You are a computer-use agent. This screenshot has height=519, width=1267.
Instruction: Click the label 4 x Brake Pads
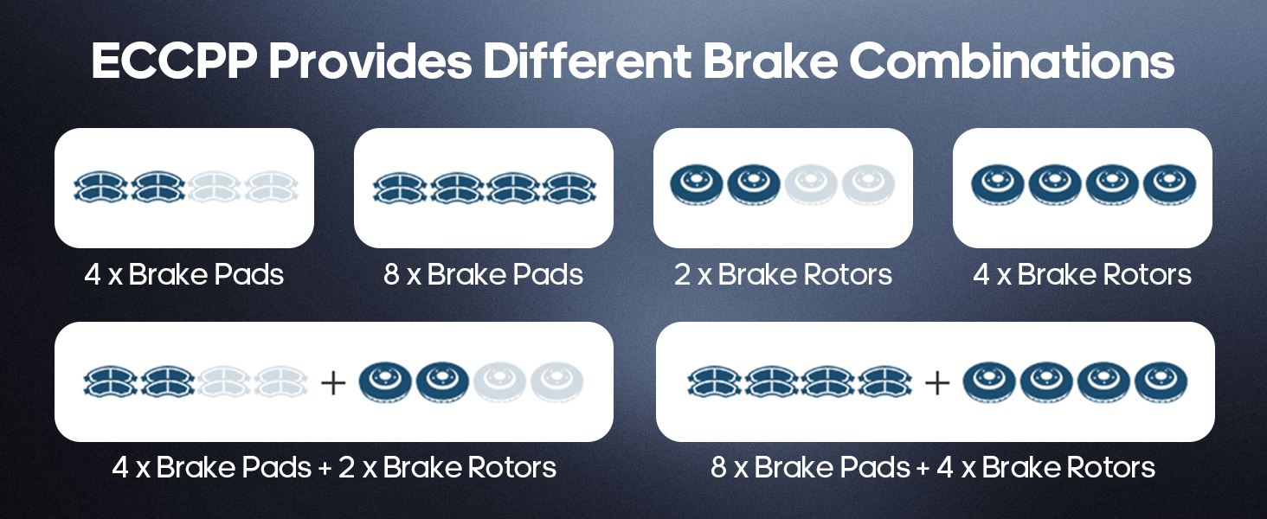[184, 275]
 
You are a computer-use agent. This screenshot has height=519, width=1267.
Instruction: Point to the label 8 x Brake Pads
[484, 275]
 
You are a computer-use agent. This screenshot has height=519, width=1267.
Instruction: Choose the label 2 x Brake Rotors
[783, 275]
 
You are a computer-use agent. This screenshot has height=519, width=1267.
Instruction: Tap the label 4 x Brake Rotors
[1083, 275]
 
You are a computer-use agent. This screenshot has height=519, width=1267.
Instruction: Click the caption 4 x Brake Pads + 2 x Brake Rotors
[334, 468]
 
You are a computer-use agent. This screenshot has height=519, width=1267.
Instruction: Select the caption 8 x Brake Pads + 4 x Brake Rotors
[933, 468]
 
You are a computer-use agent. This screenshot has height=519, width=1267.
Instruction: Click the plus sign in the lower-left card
[333, 381]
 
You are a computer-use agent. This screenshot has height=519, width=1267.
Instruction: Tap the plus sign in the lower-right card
[936, 381]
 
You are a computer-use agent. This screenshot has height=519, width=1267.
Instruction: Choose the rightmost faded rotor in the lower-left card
[556, 381]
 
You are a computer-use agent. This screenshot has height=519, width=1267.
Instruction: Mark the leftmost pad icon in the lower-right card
[715, 381]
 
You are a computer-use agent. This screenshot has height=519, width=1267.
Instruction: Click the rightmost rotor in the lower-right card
[1161, 381]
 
